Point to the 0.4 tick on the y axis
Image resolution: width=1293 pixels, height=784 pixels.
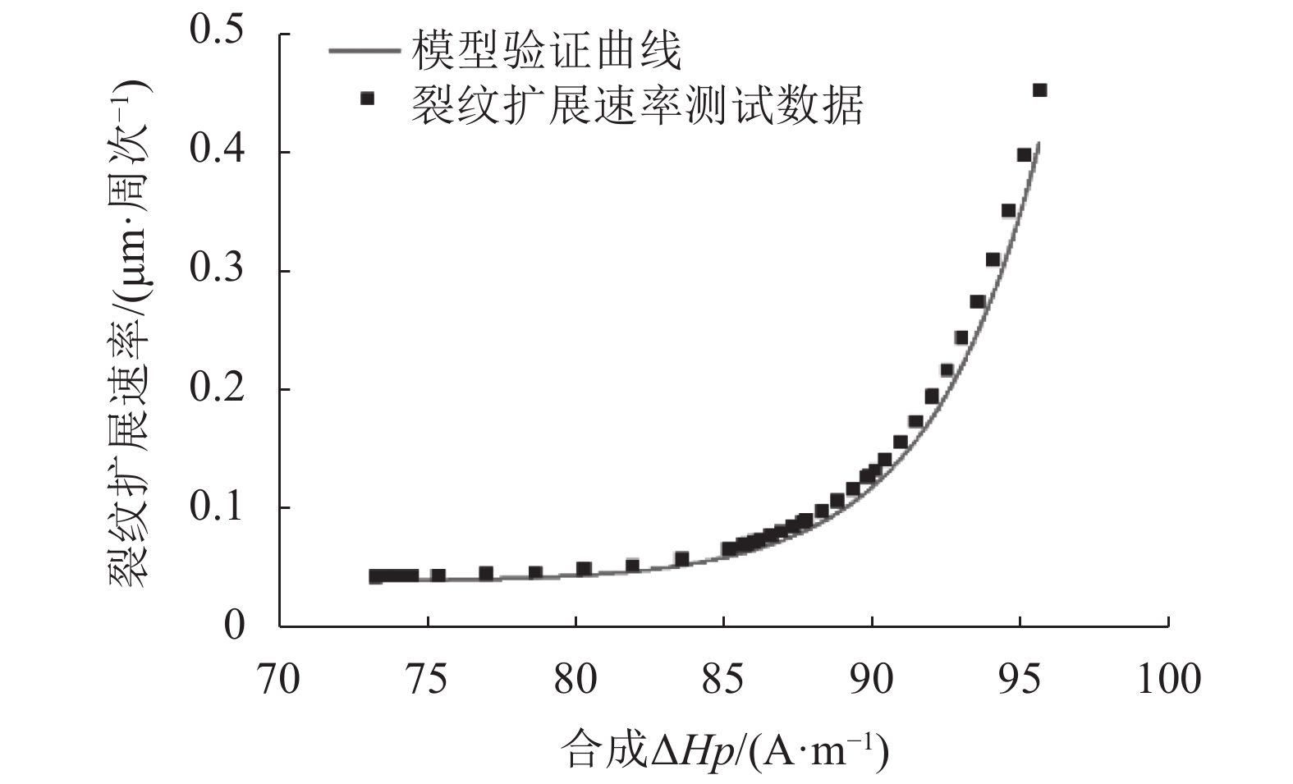pos(217,151)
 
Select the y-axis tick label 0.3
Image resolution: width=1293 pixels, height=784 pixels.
pos(217,270)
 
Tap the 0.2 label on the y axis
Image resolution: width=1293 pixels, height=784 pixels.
pos(217,388)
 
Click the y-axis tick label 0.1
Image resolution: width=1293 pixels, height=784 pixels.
pos(217,507)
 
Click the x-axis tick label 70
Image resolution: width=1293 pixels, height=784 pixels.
pos(279,680)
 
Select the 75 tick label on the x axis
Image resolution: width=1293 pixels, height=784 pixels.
pos(427,680)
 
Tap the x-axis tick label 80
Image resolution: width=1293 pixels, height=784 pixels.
pos(575,680)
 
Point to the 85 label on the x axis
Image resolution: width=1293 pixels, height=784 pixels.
pos(723,680)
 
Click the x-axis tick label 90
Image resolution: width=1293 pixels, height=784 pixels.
pos(872,680)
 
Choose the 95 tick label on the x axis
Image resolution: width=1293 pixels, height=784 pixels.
pos(1020,680)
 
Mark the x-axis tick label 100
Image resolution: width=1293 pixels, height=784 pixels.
pos(1167,680)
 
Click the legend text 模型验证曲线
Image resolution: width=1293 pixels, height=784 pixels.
pos(547,51)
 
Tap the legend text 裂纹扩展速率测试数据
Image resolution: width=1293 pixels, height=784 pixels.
pos(636,104)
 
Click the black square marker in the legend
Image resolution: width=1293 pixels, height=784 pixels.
pos(367,99)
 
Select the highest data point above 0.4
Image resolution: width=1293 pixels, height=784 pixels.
pos(1039,90)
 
